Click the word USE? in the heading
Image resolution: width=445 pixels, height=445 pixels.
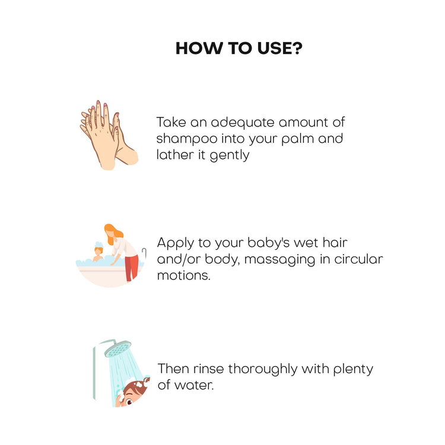(x=280, y=48)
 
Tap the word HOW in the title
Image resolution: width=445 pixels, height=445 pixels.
(x=199, y=48)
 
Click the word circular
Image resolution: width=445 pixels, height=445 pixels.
(x=358, y=259)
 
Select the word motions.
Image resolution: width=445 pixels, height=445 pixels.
(x=183, y=275)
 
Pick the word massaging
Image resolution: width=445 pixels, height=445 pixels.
(x=279, y=260)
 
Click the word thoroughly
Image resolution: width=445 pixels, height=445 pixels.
(x=262, y=370)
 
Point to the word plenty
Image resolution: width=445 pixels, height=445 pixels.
(x=353, y=370)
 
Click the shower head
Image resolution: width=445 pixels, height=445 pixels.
(x=118, y=349)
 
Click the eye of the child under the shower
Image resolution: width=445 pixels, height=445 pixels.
(x=129, y=402)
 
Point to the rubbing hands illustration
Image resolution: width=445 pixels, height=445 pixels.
(x=109, y=135)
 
